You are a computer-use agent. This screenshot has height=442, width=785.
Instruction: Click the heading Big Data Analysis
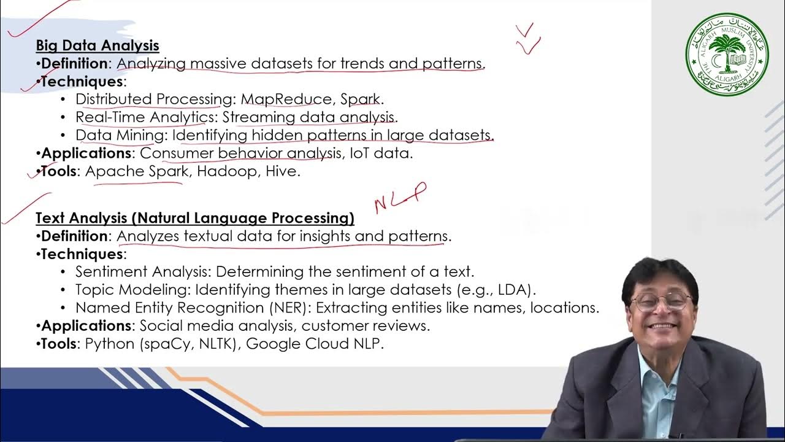pyautogui.click(x=98, y=45)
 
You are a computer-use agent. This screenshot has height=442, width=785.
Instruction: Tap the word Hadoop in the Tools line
pyautogui.click(x=227, y=171)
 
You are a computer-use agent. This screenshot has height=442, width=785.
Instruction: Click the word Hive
pyautogui.click(x=281, y=171)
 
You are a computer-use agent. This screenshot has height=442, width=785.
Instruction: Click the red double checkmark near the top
pyautogui.click(x=527, y=39)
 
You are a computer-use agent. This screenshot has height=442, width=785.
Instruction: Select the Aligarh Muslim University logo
pyautogui.click(x=727, y=54)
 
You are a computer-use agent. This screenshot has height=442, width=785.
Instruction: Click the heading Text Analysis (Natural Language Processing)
pyautogui.click(x=195, y=218)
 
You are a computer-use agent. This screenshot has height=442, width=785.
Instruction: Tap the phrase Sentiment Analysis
pyautogui.click(x=142, y=271)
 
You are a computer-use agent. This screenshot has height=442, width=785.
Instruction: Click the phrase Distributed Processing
pyautogui.click(x=152, y=99)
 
